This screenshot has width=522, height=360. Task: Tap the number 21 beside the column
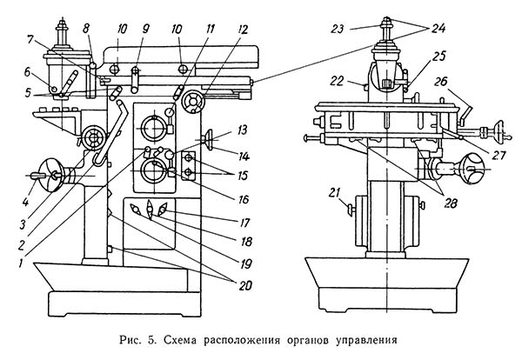pyautogui.click(x=332, y=190)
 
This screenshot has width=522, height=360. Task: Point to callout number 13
pyautogui.click(x=240, y=130)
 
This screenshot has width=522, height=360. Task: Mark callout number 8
pyautogui.click(x=87, y=30)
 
